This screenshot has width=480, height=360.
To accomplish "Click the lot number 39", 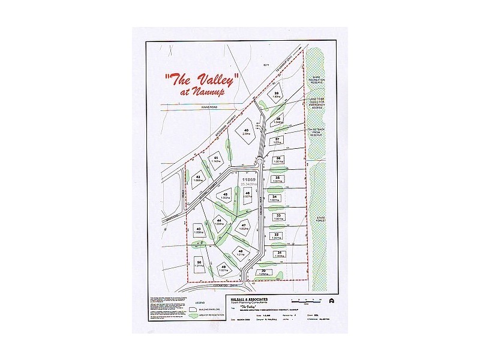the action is coord(277,94).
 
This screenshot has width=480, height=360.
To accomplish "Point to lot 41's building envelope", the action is coord(216,160).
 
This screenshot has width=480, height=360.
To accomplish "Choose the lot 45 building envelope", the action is coord(226,196).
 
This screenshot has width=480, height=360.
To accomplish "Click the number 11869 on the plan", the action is coord(248,179).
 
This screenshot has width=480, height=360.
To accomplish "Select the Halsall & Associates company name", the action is coord(249,298).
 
